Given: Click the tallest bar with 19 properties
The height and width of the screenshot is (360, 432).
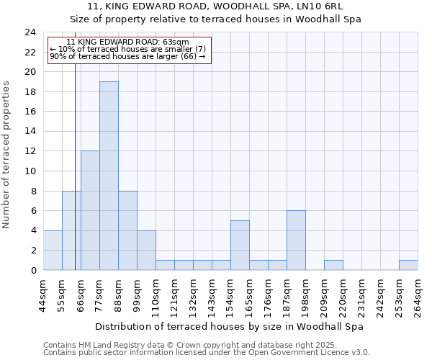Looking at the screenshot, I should click(109, 176).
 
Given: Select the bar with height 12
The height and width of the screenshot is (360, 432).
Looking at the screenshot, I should click(90, 210).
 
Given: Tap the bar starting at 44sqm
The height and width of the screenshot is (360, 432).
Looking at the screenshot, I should click(53, 250).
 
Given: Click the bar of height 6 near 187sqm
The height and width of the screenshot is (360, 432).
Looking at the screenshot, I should click(296, 240).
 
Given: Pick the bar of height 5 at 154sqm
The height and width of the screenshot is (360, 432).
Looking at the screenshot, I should click(240, 245).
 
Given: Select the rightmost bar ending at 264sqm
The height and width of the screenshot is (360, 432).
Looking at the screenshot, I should click(408, 265).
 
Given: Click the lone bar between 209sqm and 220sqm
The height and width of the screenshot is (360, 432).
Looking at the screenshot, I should click(333, 265).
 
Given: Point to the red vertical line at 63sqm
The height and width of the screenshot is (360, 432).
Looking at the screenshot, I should click(75, 180).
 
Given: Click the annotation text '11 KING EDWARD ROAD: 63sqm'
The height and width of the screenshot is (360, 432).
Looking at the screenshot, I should click(127, 42).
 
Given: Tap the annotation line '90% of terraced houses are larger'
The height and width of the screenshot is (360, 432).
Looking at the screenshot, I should click(127, 56).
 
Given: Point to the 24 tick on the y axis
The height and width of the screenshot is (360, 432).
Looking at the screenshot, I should click(30, 32).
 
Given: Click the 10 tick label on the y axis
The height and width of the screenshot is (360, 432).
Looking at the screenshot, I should click(30, 171).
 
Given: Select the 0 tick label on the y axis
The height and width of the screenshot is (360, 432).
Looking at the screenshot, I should click(33, 270).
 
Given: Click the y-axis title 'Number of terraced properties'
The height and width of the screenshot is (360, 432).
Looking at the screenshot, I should click(6, 155).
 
